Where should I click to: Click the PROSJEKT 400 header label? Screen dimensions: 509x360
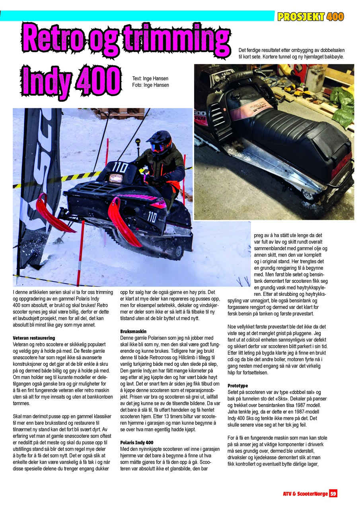[311, 17]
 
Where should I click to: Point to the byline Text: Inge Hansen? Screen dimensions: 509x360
[150, 79]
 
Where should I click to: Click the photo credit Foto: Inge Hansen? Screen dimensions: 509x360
[150, 85]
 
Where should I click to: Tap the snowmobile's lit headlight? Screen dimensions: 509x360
[116, 178]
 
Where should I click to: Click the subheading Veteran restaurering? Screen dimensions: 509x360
[34, 338]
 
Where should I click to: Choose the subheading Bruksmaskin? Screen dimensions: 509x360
[133, 331]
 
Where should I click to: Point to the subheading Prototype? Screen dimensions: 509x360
[237, 386]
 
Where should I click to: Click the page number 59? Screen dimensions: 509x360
[333, 493]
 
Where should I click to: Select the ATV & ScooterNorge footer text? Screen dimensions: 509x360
[305, 493]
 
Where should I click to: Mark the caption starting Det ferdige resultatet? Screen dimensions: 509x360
[291, 53]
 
